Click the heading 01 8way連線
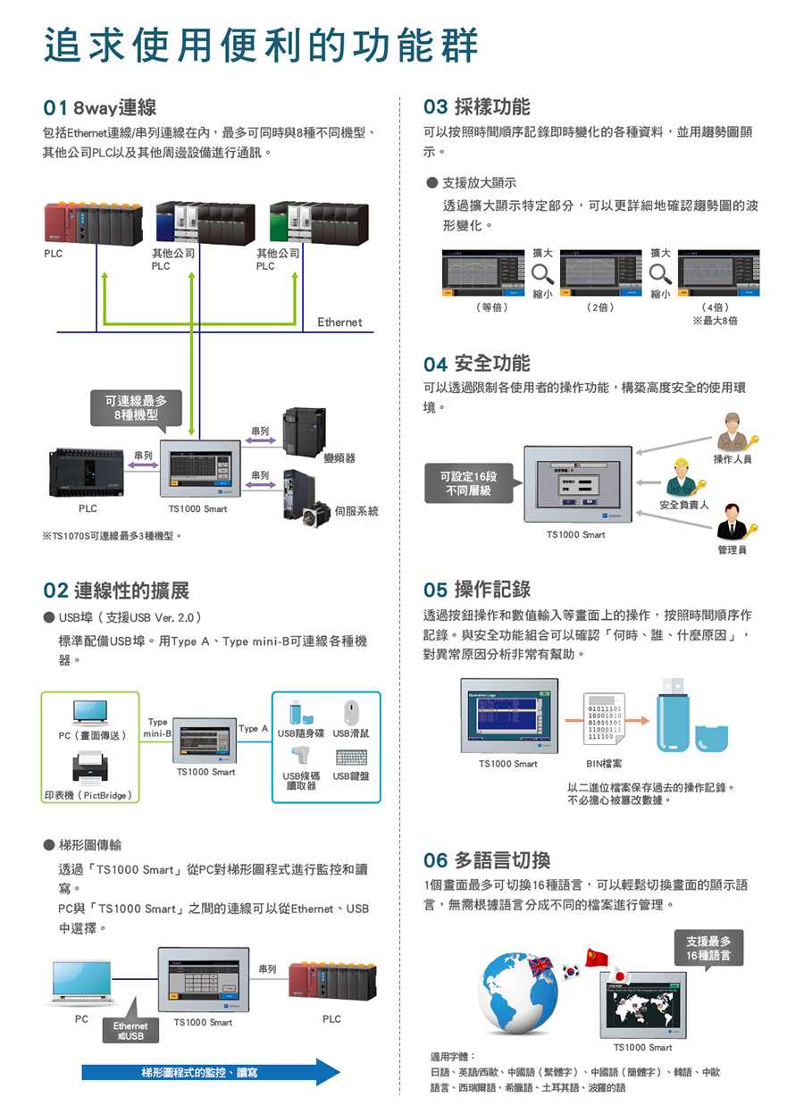pos(100,108)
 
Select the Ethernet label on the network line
pos(339,322)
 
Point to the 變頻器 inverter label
pos(339,457)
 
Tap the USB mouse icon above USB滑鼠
pos(351,712)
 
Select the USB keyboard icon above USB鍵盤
pos(351,757)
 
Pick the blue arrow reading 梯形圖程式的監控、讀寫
pos(210,1072)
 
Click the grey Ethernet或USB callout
pos(130,1031)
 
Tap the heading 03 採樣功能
pos(476,107)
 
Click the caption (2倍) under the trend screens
pos(599,307)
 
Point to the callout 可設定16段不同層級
pos(468,483)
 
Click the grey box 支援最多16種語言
pos(708,948)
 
